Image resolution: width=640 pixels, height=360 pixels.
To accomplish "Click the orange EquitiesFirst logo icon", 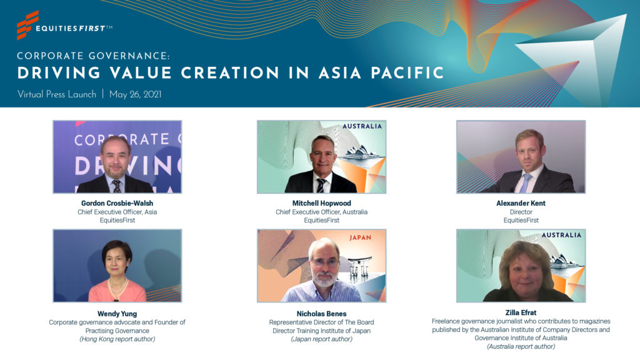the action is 27,25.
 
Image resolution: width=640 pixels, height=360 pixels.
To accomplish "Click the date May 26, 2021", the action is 135,94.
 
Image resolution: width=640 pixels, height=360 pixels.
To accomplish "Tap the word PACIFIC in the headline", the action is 407,73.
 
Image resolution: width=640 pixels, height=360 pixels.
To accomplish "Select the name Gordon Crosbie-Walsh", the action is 117,203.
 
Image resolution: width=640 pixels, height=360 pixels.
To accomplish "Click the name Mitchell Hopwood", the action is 322,203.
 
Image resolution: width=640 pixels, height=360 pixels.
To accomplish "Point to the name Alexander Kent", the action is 521,203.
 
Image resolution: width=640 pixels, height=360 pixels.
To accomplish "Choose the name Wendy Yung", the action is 117,314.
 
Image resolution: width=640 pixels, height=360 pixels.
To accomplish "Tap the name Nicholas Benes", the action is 322,314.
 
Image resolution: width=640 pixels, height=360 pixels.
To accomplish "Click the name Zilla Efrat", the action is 521,312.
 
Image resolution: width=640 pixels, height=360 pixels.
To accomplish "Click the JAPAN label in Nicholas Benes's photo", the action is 360,237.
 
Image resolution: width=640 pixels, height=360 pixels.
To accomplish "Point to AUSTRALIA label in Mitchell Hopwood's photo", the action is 362,126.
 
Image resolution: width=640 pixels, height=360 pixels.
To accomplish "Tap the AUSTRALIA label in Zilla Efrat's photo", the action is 561,235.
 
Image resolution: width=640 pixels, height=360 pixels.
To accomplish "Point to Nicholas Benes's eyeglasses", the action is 324,262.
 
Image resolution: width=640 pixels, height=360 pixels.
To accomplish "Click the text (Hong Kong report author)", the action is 117,339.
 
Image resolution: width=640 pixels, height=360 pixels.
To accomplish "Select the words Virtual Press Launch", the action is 57,94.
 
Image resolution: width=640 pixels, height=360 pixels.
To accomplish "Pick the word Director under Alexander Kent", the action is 521,212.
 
